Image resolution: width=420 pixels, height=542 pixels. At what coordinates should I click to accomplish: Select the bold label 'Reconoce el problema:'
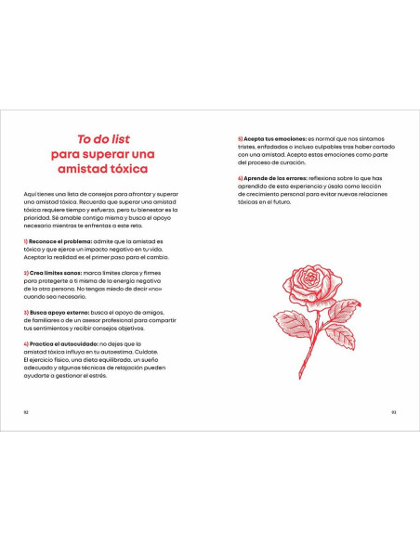click(52, 241)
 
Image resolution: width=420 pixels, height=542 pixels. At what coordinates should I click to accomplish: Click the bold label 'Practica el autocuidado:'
click(56, 343)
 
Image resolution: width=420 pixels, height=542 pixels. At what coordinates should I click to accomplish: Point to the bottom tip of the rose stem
click(299, 376)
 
